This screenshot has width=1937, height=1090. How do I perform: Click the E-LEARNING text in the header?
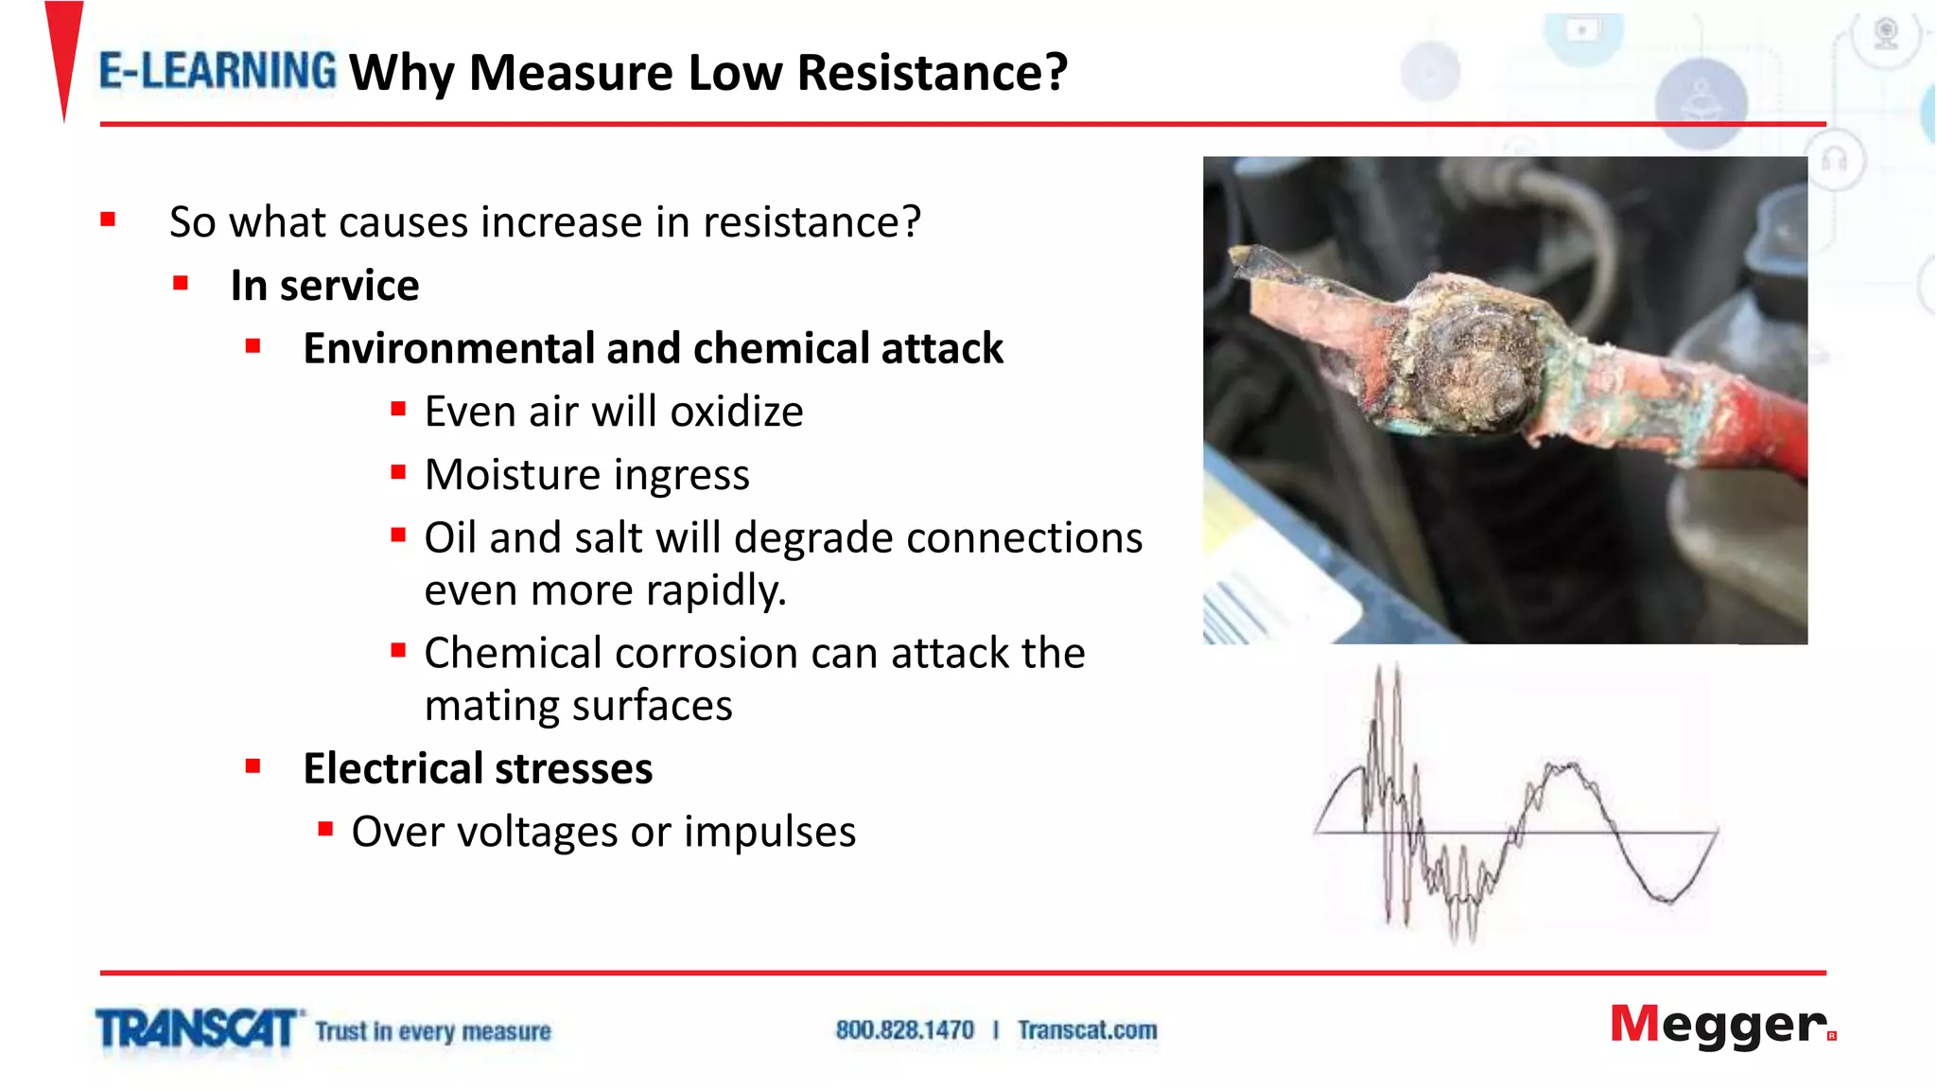pyautogui.click(x=218, y=71)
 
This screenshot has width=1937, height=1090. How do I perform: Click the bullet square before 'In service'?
pyautogui.click(x=181, y=283)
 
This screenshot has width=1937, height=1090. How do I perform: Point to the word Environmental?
pyautogui.click(x=450, y=348)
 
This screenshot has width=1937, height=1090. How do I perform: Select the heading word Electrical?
pyautogui.click(x=392, y=768)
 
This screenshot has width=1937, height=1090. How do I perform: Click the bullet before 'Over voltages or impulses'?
pyautogui.click(x=325, y=830)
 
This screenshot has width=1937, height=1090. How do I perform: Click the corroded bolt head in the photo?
pyautogui.click(x=1475, y=364)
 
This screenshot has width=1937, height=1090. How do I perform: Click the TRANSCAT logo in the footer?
pyautogui.click(x=197, y=1028)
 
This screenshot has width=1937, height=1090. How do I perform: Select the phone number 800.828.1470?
pyautogui.click(x=904, y=1029)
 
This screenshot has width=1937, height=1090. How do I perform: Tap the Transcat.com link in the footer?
pyautogui.click(x=1087, y=1029)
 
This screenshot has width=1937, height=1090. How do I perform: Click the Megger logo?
pyautogui.click(x=1721, y=1025)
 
